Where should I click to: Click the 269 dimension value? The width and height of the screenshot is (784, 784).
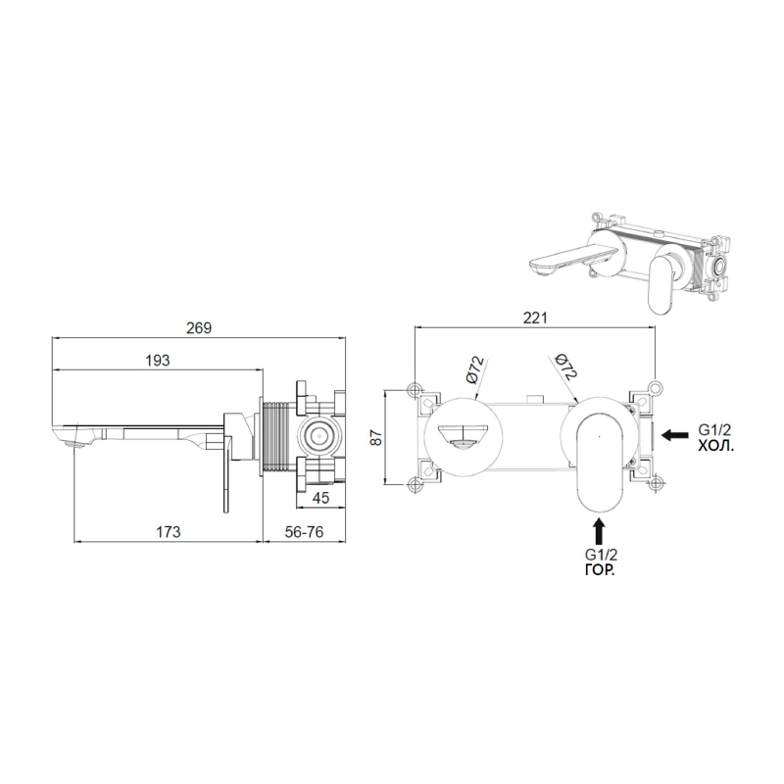point(199,328)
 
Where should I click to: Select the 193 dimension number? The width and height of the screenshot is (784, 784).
point(158,361)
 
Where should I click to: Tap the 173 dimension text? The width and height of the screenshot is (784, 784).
point(168,531)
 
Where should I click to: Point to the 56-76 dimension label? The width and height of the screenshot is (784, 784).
point(304,531)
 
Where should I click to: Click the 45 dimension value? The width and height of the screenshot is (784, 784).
point(320,498)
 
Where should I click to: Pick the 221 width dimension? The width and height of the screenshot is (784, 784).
point(535,318)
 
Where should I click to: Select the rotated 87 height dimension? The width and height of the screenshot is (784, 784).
point(376,437)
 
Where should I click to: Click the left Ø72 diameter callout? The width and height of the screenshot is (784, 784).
point(475,370)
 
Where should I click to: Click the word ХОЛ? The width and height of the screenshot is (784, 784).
point(716,446)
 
